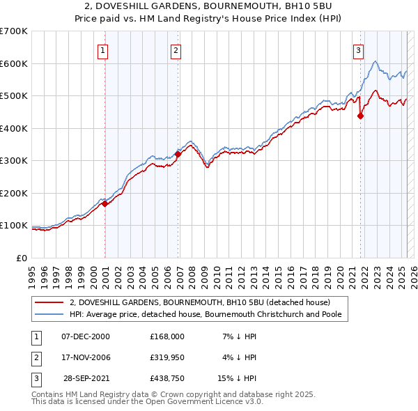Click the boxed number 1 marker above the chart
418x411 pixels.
(102, 50)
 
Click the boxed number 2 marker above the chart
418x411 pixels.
(176, 50)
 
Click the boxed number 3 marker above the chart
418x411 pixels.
(358, 50)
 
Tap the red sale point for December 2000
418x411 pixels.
(105, 204)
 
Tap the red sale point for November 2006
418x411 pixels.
(178, 155)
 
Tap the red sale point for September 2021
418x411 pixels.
(361, 116)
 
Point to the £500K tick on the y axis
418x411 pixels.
(15, 96)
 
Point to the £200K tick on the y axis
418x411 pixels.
(15, 193)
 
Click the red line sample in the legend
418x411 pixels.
(49, 302)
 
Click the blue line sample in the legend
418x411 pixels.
(49, 314)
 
